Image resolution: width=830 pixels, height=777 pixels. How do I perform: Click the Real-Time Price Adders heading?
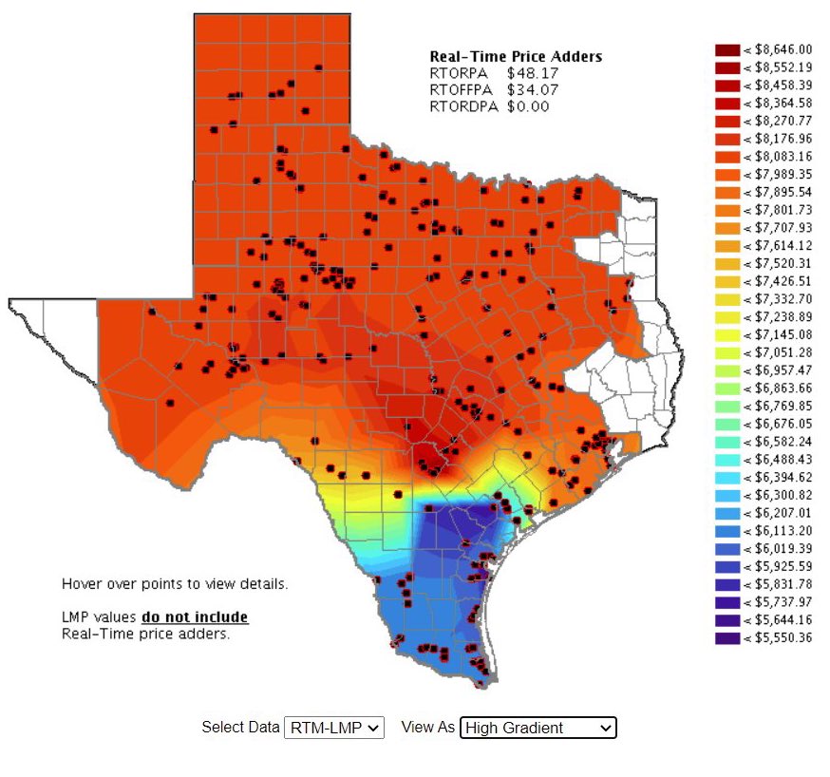(x=516, y=57)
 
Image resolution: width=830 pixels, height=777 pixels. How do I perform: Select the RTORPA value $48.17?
(x=533, y=73)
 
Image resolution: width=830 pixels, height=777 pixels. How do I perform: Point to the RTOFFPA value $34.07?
(x=533, y=90)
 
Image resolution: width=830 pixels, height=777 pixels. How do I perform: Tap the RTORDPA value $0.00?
(x=528, y=106)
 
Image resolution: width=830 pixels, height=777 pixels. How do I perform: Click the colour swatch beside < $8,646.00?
(x=726, y=49)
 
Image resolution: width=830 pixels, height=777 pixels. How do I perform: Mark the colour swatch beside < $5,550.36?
(x=726, y=638)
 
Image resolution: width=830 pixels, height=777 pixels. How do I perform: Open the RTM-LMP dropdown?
(x=333, y=728)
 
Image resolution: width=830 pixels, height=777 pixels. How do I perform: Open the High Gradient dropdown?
(x=538, y=728)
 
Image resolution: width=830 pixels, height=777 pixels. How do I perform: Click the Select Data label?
(x=240, y=728)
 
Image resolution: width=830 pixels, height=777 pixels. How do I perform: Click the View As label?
(x=428, y=728)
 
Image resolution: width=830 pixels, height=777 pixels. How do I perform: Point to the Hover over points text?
(x=175, y=583)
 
